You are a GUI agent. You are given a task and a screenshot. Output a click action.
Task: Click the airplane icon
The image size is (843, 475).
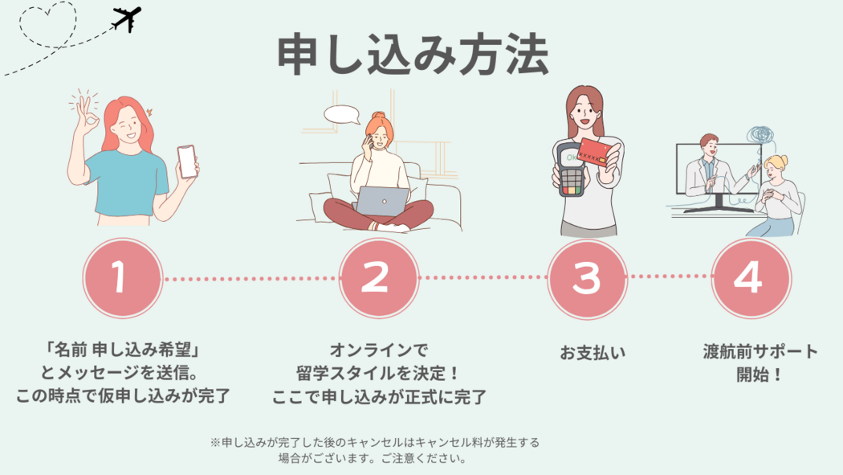pos(127,18)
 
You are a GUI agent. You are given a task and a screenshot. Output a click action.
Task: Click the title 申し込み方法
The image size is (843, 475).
pos(413,55)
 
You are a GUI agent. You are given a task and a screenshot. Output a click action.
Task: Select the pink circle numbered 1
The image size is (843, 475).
pos(123,277)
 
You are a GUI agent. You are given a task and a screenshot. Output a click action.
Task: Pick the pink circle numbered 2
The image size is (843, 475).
pos(378,277)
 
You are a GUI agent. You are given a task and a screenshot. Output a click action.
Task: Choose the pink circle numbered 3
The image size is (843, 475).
pos(587,279)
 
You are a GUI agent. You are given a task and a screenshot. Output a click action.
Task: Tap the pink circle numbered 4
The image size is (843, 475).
pos(751,277)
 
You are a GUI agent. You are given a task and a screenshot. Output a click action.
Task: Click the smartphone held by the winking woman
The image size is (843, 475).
pos(187,161)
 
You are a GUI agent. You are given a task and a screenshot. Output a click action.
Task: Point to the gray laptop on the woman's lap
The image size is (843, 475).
pos(383,201)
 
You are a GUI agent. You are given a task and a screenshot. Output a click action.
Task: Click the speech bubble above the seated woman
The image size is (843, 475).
pos(342,115)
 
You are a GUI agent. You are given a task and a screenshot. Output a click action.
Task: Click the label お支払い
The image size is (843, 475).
pos(593,353)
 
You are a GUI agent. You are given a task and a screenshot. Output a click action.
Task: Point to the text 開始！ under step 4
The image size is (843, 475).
pos(760,374)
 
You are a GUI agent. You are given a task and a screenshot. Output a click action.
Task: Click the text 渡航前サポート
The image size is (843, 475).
pos(760,351)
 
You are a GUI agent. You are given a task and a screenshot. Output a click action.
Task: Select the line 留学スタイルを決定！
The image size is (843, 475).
pos(378,373)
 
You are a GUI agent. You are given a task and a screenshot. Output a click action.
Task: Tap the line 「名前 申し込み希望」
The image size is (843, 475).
pos(123,350)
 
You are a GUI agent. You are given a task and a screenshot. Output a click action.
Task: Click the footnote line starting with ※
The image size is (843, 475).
pos(374,443)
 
